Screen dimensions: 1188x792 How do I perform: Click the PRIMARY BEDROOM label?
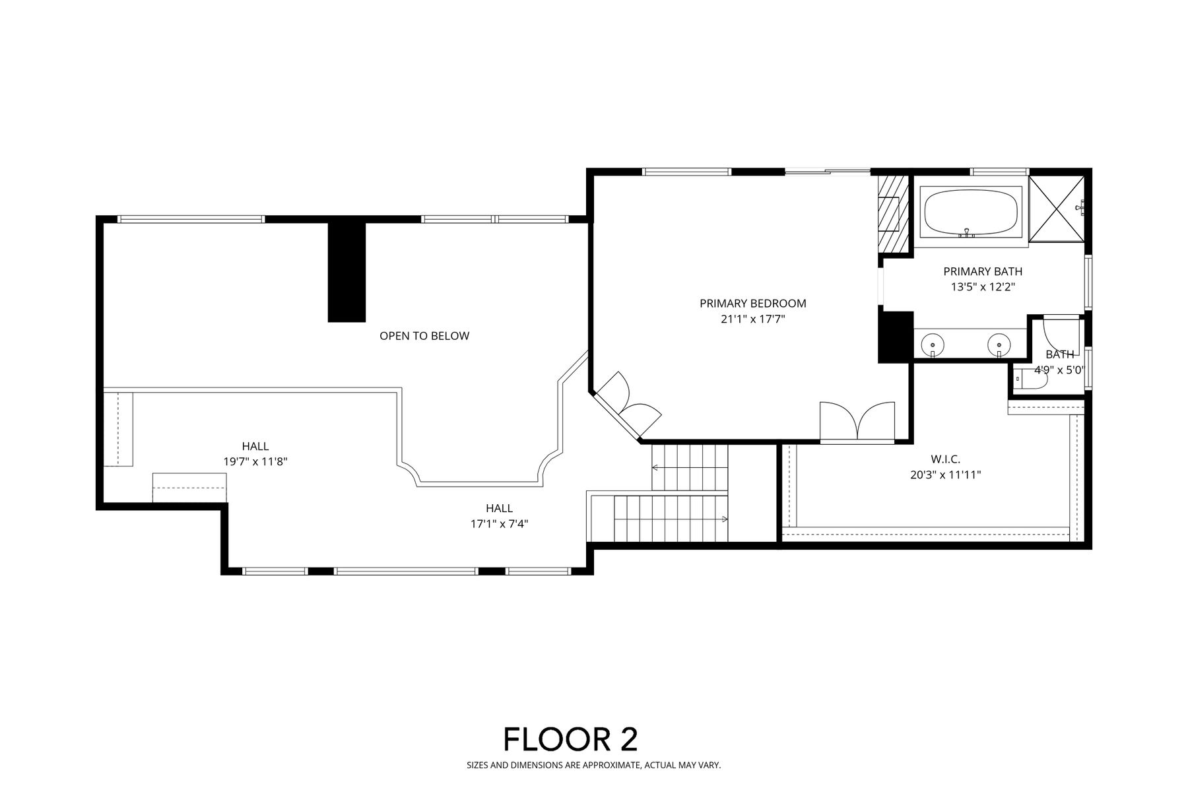(753, 304)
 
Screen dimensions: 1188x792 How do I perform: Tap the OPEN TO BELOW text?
(424, 336)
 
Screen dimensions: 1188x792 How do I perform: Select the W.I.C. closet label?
(945, 459)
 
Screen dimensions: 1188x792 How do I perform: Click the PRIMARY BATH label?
(983, 271)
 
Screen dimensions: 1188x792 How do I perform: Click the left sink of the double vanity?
(933, 345)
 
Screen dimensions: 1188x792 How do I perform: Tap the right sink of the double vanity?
(999, 345)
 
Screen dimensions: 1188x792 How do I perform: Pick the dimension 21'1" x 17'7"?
(753, 319)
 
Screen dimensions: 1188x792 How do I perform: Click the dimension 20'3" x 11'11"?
(945, 475)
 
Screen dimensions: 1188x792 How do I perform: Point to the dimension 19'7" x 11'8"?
(255, 462)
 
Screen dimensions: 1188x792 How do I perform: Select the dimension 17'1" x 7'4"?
(500, 524)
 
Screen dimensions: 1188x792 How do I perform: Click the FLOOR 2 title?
(571, 739)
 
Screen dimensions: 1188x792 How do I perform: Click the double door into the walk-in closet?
(857, 420)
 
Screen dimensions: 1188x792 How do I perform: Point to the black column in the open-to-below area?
(346, 272)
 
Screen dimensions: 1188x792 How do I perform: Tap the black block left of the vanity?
(895, 337)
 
